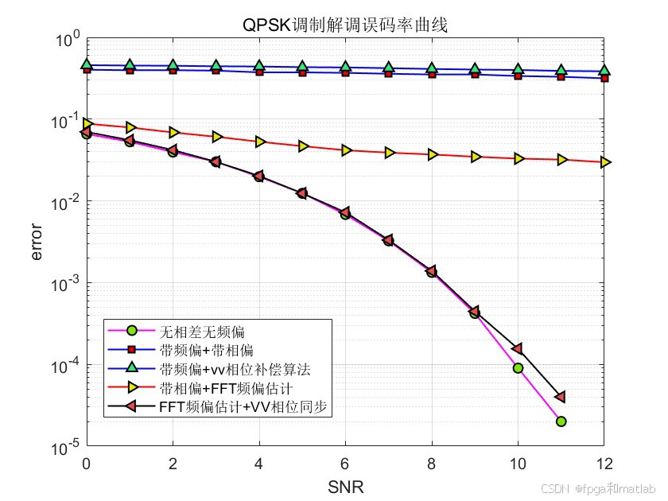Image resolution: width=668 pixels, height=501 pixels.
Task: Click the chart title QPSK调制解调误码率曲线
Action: coord(346,25)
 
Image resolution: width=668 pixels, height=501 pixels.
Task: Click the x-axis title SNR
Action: coord(346,485)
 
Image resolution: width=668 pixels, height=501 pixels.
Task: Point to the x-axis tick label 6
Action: coord(345,464)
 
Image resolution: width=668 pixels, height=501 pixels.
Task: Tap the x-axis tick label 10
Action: coord(518,464)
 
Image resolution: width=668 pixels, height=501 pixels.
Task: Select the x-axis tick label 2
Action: coord(173,464)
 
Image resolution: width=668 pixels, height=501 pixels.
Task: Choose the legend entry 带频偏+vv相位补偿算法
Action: coord(234,369)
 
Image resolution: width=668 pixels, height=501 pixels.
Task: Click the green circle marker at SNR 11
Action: coord(561,421)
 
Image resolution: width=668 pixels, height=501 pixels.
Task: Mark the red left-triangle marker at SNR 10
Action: coord(518,349)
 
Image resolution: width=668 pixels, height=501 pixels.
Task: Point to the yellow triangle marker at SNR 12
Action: coord(604,162)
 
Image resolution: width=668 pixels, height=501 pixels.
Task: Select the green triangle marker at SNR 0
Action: coord(86,65)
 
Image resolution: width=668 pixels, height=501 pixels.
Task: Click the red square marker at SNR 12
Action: coord(604,78)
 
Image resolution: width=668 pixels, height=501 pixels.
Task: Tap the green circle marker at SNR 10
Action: coord(518,368)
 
